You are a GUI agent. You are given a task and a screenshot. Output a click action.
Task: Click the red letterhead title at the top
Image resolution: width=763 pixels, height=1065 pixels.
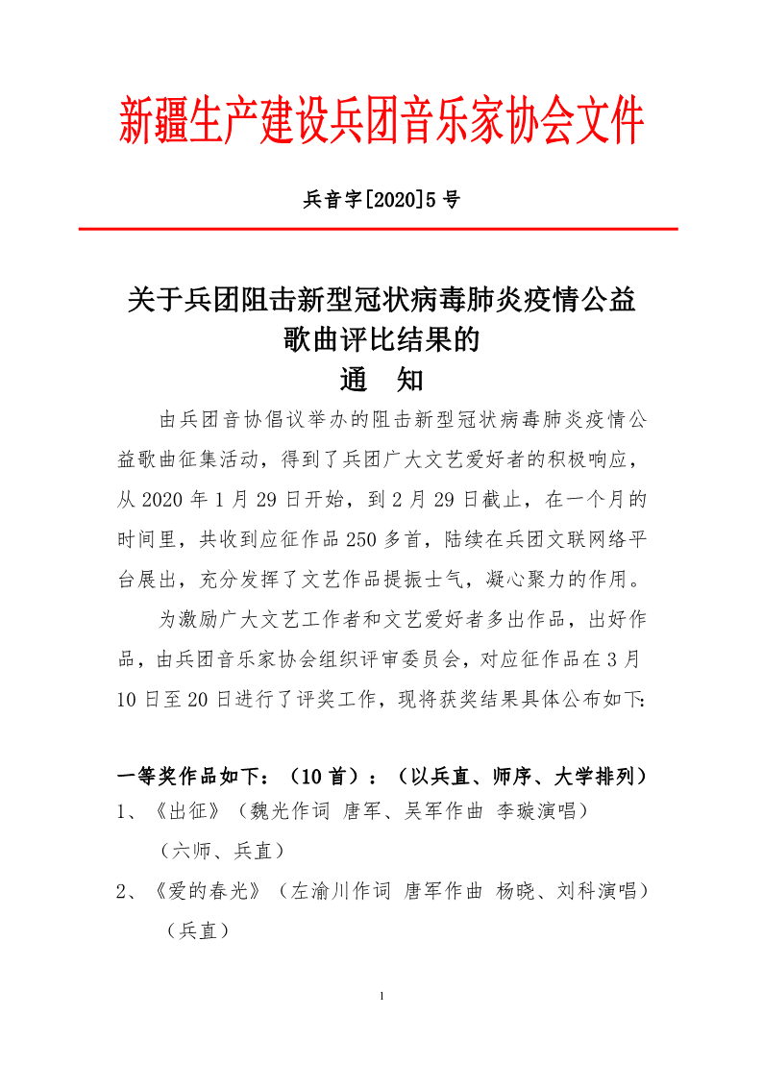point(381,122)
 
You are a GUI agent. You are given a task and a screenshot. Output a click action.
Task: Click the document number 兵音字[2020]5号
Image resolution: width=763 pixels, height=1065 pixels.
point(381,200)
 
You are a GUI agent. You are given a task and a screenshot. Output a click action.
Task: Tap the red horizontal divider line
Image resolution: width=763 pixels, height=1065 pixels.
point(378,230)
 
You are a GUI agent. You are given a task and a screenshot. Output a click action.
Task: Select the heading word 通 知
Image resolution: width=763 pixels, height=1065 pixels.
point(381,381)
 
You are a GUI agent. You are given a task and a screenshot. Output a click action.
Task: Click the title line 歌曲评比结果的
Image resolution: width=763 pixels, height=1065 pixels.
point(381,340)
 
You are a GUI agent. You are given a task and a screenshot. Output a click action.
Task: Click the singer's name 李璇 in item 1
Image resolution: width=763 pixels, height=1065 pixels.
point(514,812)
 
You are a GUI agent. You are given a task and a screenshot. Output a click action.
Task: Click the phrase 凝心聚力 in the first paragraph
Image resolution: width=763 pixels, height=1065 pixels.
point(529,579)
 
